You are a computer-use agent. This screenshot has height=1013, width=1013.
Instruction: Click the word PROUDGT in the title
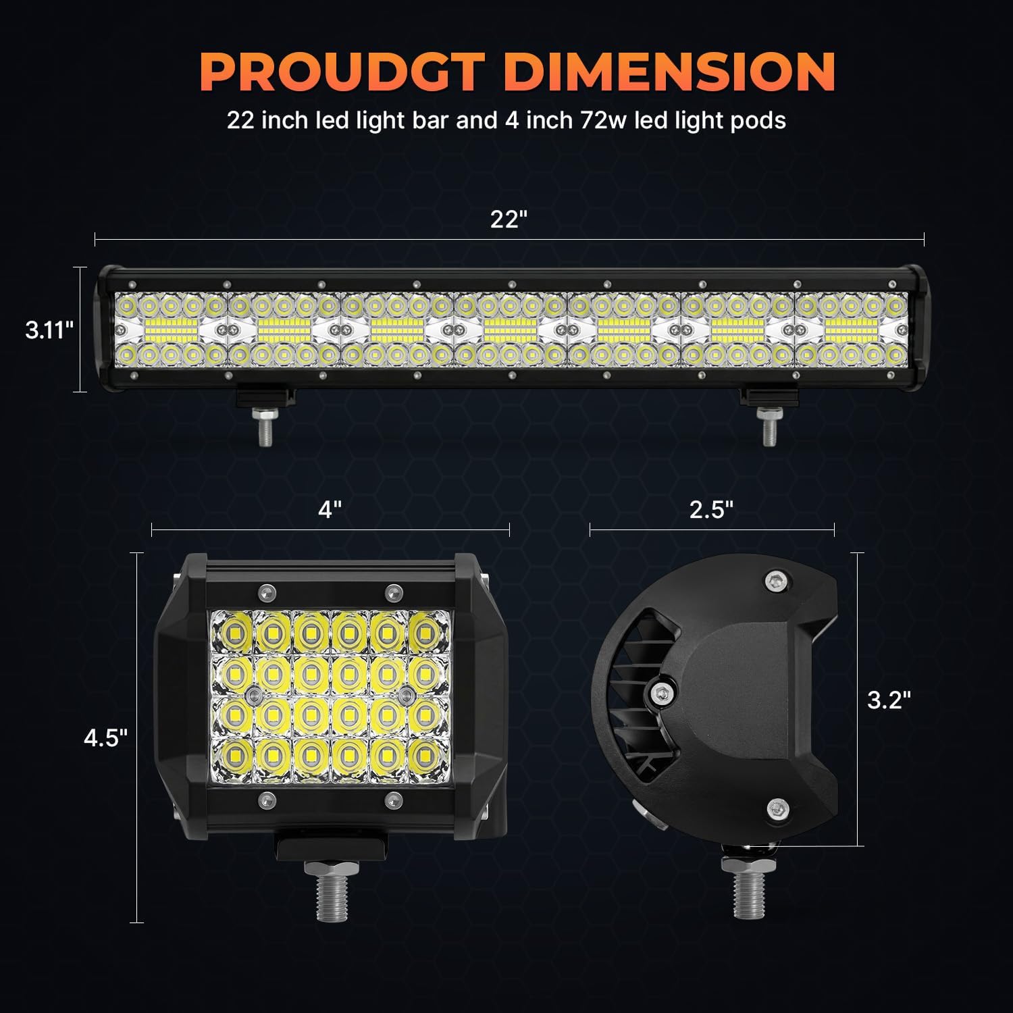tap(342, 72)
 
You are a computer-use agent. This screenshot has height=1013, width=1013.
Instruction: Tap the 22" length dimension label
tap(508, 219)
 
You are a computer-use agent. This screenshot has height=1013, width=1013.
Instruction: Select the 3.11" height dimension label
tap(49, 330)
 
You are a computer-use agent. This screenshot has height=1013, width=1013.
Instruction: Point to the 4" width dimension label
tap(330, 510)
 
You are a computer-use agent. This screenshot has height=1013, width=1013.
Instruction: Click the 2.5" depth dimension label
tap(711, 510)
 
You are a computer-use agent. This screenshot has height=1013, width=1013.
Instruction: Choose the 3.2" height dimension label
tap(889, 700)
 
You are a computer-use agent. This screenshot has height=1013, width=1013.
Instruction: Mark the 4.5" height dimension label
tap(105, 738)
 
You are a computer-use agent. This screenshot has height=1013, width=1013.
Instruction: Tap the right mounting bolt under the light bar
tap(768, 427)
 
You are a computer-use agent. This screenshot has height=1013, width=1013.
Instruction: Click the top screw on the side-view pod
tap(776, 579)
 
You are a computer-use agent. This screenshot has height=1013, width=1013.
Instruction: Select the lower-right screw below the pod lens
tap(393, 801)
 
